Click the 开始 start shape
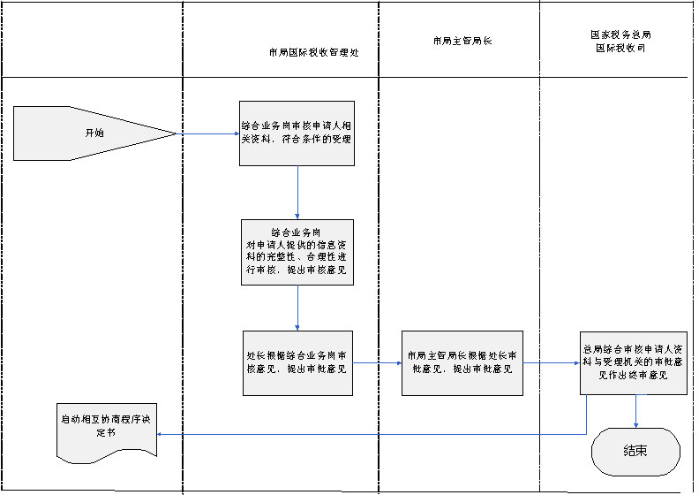point(88,133)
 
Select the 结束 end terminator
point(635,451)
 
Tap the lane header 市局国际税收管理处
point(313,52)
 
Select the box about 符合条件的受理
point(297,133)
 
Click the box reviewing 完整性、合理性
point(297,252)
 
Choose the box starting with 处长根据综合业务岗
point(298,362)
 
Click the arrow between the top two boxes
point(298,193)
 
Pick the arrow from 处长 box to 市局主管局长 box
point(378,362)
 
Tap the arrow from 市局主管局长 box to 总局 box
point(552,362)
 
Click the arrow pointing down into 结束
point(635,411)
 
